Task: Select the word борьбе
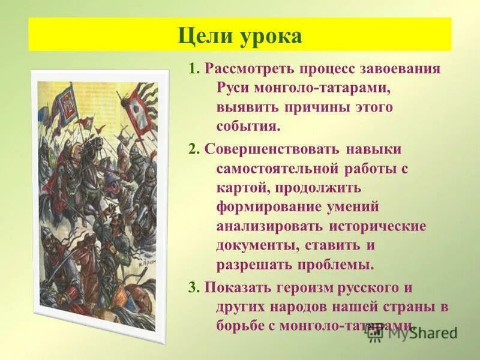click(239, 324)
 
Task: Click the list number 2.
click(193, 149)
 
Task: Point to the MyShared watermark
click(413, 332)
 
